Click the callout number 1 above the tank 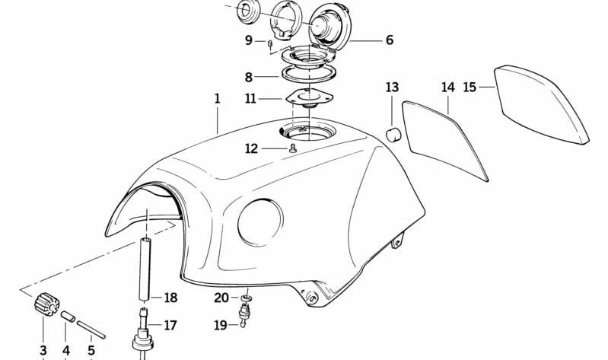pyautogui.click(x=217, y=98)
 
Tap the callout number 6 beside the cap pyautogui.click(x=390, y=40)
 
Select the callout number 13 pyautogui.click(x=392, y=87)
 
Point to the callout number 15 pyautogui.click(x=470, y=87)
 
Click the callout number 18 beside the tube pyautogui.click(x=170, y=298)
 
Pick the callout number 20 pyautogui.click(x=221, y=298)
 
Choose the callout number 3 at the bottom pyautogui.click(x=43, y=350)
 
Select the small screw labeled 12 pyautogui.click(x=293, y=148)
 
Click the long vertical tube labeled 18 pyautogui.click(x=145, y=269)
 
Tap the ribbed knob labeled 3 pyautogui.click(x=46, y=304)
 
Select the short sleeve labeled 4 pyautogui.click(x=68, y=316)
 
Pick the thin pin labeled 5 pyautogui.click(x=91, y=330)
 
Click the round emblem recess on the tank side pyautogui.click(x=260, y=223)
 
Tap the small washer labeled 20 pyautogui.click(x=246, y=298)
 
